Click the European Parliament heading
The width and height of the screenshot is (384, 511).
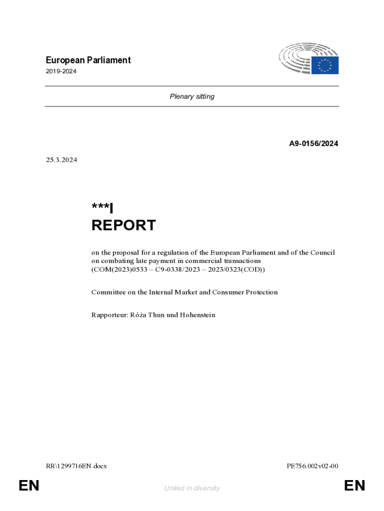coord(88,60)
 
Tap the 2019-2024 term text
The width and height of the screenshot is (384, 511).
coord(61,72)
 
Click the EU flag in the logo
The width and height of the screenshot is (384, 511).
coord(325,65)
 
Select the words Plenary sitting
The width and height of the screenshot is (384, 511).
coord(192,96)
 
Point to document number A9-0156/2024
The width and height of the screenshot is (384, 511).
coord(314,144)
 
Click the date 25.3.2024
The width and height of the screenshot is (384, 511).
coord(61,160)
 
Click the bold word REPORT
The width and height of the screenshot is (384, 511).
coord(123,226)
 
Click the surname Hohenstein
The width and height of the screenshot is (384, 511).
coord(198,315)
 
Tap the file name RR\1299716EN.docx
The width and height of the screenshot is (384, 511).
coord(76,466)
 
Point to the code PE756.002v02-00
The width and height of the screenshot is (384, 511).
coord(313,466)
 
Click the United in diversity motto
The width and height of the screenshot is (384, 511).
coord(192,488)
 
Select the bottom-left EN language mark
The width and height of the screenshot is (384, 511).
coord(29,486)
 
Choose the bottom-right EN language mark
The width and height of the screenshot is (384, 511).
coord(355,486)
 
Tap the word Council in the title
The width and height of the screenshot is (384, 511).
coord(323,253)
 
